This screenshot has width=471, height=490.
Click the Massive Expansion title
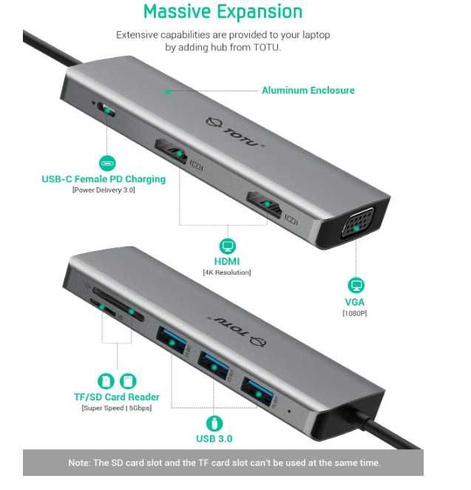[x=223, y=12]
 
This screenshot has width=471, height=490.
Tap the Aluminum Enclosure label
[x=308, y=90]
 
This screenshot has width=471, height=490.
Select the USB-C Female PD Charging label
[x=104, y=178]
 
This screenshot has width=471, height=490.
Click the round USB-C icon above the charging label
[x=108, y=164]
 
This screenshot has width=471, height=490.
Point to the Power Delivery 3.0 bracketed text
[x=104, y=190]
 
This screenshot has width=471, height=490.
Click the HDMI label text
[x=227, y=261]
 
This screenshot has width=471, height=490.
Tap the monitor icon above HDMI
[x=227, y=246]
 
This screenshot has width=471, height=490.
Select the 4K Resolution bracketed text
[x=227, y=272]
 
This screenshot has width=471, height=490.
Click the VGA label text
[x=355, y=302]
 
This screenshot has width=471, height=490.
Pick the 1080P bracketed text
[x=355, y=313]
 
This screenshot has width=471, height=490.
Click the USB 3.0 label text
[x=214, y=438]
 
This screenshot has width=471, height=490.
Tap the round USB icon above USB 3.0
[x=214, y=423]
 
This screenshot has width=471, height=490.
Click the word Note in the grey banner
[x=79, y=463]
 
